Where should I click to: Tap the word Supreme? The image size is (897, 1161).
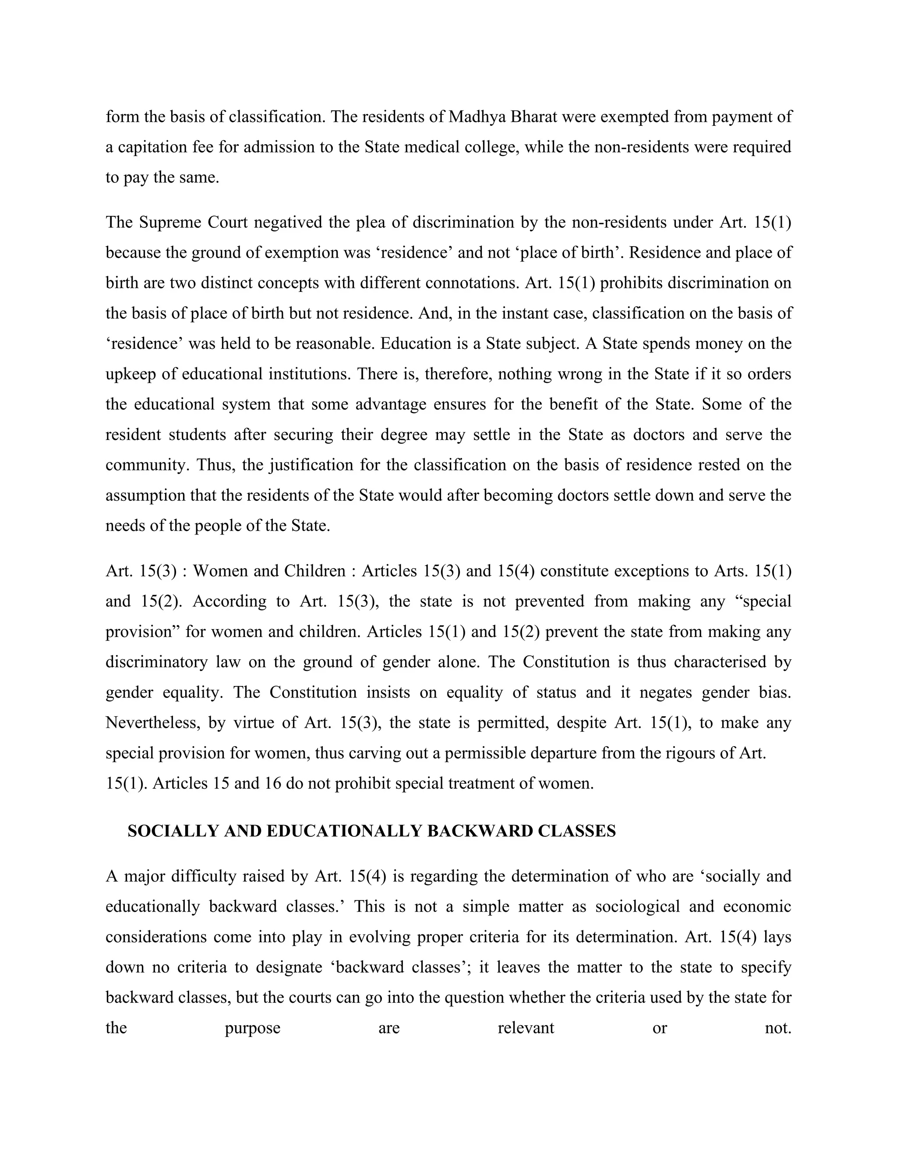pos(170,222)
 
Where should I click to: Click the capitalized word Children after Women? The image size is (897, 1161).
pos(314,571)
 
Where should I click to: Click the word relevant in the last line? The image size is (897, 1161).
pos(526,1027)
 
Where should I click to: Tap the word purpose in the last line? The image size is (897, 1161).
pos(252,1027)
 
